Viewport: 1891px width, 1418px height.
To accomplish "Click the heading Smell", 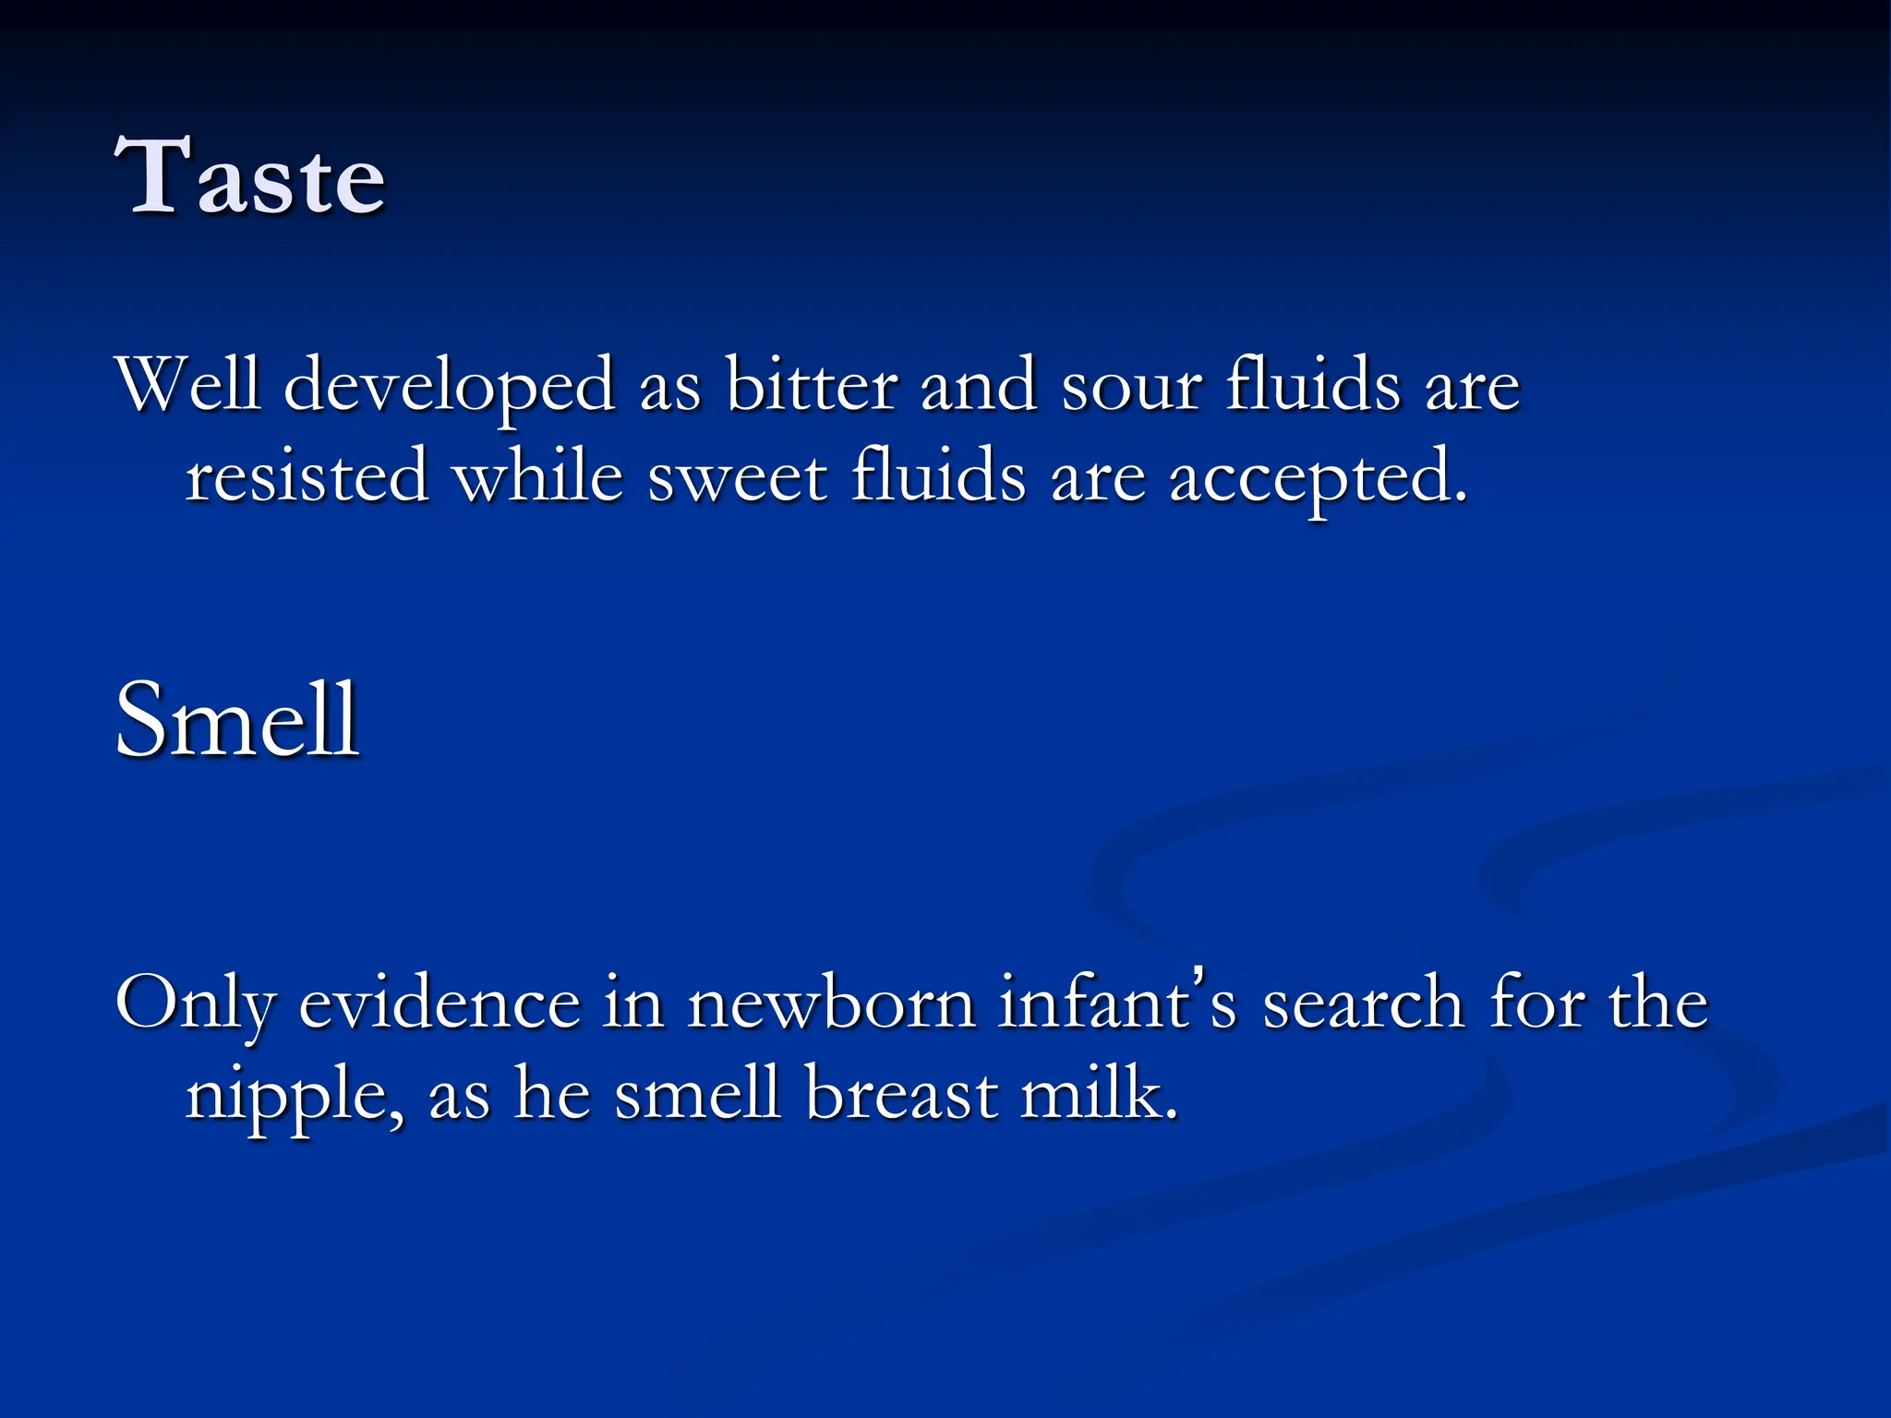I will coord(236,720).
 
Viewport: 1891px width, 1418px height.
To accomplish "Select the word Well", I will coord(188,383).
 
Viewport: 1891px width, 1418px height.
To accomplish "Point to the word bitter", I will coord(811,383).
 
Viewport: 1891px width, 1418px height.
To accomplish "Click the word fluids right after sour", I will coord(1312,383).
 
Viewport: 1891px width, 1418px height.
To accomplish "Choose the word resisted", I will coord(307,476).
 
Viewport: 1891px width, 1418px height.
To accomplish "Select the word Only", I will coord(196,1003).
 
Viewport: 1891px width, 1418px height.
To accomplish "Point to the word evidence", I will coord(440,1003).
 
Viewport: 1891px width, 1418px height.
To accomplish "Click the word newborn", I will coord(831,1003).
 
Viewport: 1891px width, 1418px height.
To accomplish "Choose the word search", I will coord(1363,1003).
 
